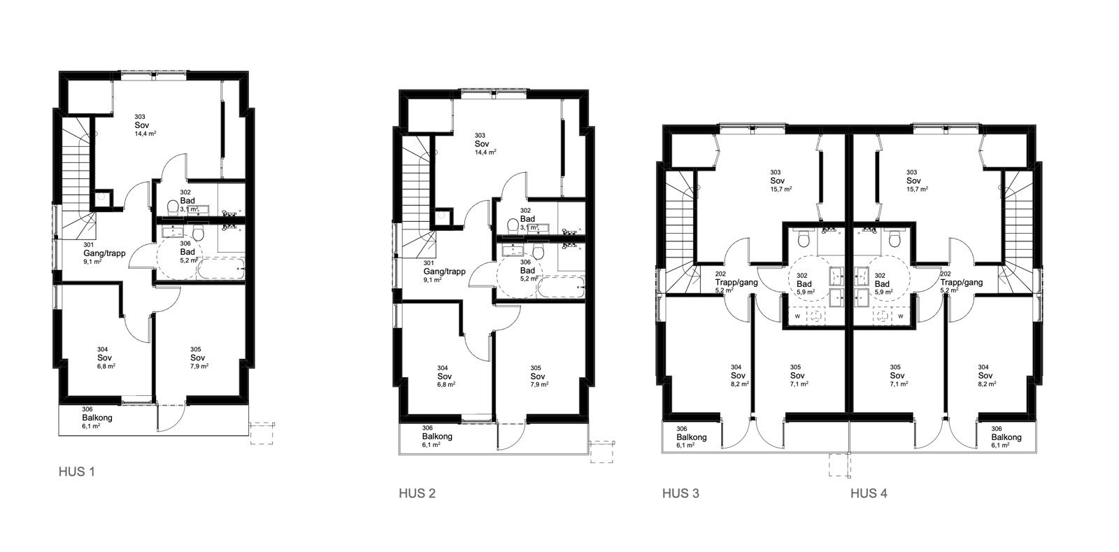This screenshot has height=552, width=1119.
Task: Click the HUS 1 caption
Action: pyautogui.click(x=76, y=472)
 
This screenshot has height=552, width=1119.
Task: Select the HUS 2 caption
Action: pyautogui.click(x=417, y=493)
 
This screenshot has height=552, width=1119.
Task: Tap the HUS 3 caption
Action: pyautogui.click(x=680, y=493)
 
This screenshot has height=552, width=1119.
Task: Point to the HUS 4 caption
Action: pyautogui.click(x=869, y=493)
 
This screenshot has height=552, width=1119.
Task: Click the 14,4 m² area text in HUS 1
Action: pyautogui.click(x=145, y=133)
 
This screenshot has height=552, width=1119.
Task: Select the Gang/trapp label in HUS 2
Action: pyautogui.click(x=444, y=271)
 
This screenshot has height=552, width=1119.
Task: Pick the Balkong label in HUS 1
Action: pyautogui.click(x=97, y=418)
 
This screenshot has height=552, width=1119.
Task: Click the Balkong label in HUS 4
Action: pyautogui.click(x=1006, y=437)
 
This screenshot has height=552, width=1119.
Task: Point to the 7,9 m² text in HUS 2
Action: pyautogui.click(x=539, y=384)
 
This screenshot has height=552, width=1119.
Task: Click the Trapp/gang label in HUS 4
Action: pyautogui.click(x=961, y=283)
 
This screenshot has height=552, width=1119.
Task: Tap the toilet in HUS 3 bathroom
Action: pyautogui.click(x=804, y=240)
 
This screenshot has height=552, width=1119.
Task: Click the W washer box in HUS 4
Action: pyautogui.click(x=900, y=316)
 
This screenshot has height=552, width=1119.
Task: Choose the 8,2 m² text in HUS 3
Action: pyautogui.click(x=739, y=383)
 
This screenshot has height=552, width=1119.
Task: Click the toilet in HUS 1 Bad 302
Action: pyautogui.click(x=172, y=207)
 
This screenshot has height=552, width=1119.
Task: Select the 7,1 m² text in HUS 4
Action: pyautogui.click(x=898, y=383)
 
